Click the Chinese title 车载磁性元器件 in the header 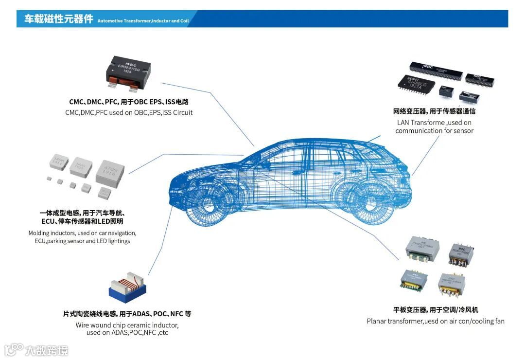(x=58, y=19)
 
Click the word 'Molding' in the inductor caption (x=39, y=233)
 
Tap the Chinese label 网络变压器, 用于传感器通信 (x=434, y=111)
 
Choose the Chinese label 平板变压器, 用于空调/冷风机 (x=436, y=310)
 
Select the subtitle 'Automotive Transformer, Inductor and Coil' (x=143, y=21)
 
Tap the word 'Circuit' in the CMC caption (x=181, y=113)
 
